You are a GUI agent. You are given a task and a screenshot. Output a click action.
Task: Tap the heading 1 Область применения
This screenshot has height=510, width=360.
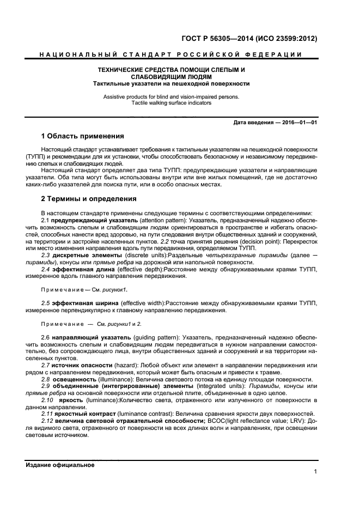click(83, 136)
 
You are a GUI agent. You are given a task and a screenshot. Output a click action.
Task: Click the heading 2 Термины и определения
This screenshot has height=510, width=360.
click(89, 199)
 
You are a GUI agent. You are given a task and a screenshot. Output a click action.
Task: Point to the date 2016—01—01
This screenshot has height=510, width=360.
click(298, 122)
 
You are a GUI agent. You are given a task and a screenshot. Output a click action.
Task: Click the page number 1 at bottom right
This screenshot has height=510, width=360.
click(315, 472)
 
